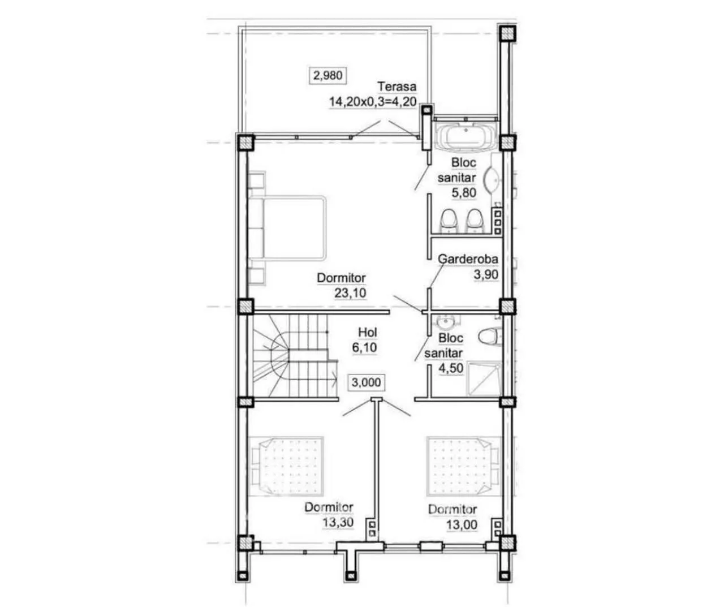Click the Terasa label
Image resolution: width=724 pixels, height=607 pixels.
coord(397,87)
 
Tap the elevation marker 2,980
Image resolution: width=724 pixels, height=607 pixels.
coord(327,75)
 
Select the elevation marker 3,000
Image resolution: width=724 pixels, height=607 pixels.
coord(366,382)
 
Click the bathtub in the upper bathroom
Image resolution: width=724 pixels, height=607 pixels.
coord(466,137)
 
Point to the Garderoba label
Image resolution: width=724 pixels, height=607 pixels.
coord(468,259)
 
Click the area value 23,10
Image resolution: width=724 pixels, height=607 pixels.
coord(350,293)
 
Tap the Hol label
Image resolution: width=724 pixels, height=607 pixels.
coord(367,332)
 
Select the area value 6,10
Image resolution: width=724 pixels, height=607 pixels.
coord(364,347)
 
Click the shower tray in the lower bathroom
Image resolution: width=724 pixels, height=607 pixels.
coord(484,379)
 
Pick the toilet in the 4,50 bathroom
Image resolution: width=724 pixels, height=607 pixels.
coord(490,337)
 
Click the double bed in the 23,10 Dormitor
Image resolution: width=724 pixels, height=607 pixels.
coord(287,227)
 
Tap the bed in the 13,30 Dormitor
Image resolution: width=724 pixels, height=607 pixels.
coord(286,466)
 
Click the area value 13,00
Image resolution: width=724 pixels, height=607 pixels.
coord(462,525)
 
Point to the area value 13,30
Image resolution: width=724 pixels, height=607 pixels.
coord(338,522)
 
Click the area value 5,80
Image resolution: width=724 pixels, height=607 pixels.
coord(464,192)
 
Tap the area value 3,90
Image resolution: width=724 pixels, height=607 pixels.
coord(486,275)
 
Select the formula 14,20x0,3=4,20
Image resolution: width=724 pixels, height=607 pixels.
coord(373,102)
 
